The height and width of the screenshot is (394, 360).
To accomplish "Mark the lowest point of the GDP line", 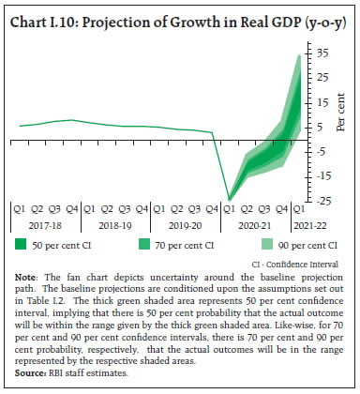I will [231, 199].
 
